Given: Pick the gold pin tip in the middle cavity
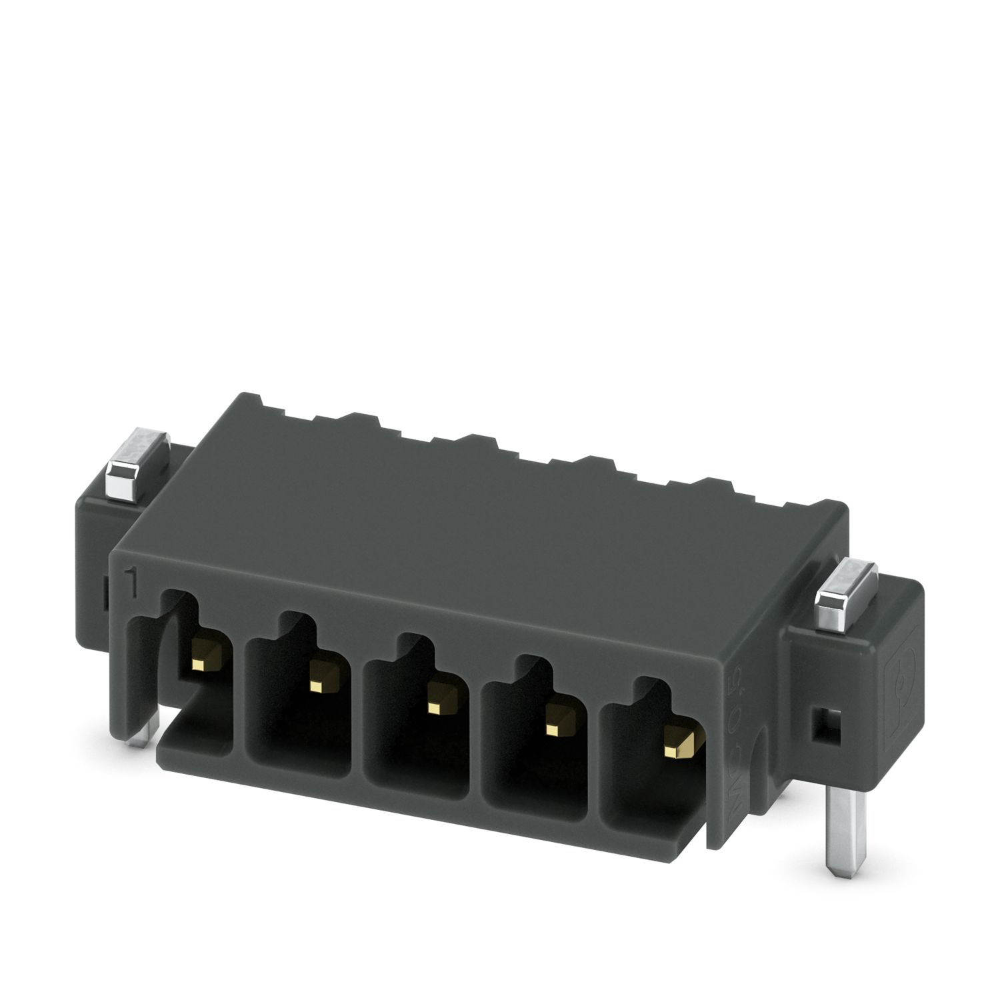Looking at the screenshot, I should point(435,706).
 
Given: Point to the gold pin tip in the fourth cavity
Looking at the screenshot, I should point(551,729).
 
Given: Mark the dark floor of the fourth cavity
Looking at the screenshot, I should point(537,787).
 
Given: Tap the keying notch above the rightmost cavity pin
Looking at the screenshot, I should point(650,693).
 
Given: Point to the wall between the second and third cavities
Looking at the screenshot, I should point(357,720).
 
